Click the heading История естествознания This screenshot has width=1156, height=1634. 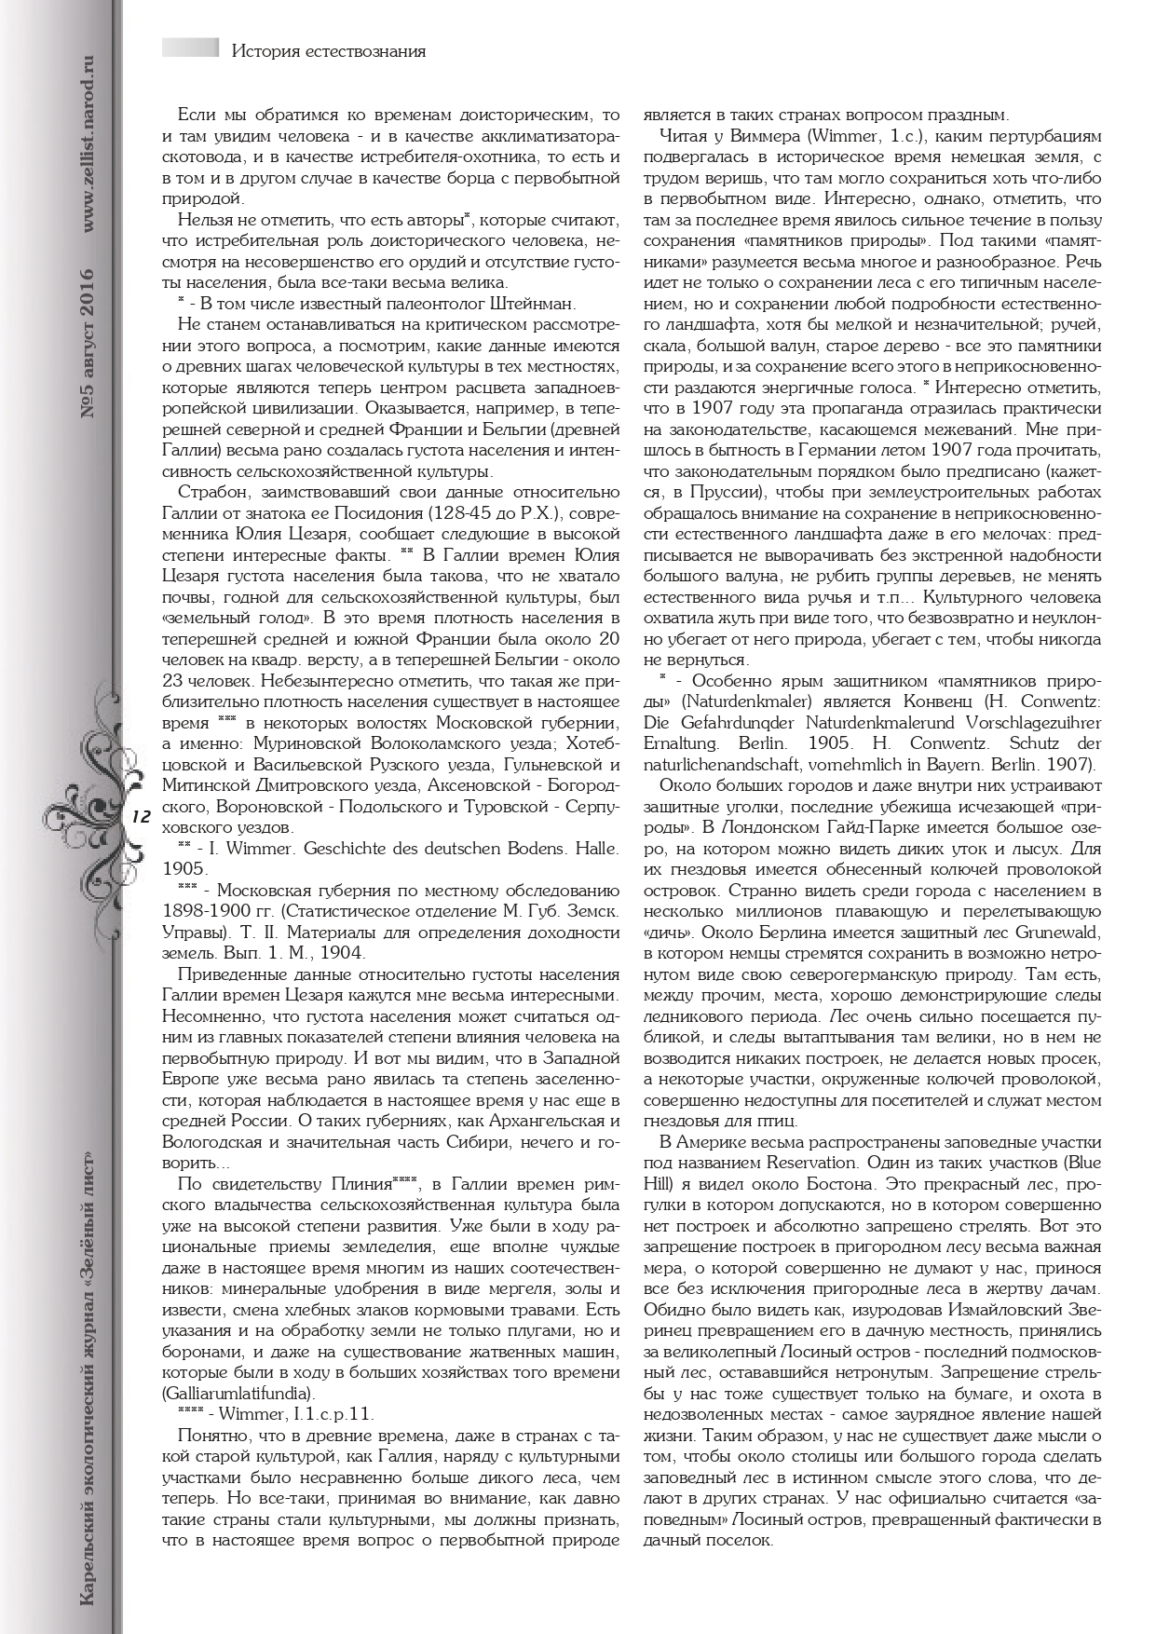[328, 51]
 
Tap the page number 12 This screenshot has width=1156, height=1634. [142, 816]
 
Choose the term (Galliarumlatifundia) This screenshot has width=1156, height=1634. [238, 1393]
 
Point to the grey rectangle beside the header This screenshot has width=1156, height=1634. [190, 48]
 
